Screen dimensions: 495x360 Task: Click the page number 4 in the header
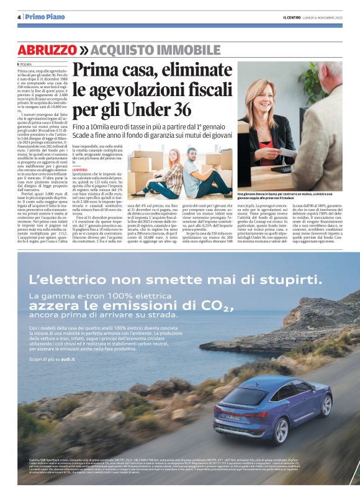(19, 17)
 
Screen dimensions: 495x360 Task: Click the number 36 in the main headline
(181, 110)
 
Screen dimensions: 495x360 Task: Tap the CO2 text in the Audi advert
(195, 305)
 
